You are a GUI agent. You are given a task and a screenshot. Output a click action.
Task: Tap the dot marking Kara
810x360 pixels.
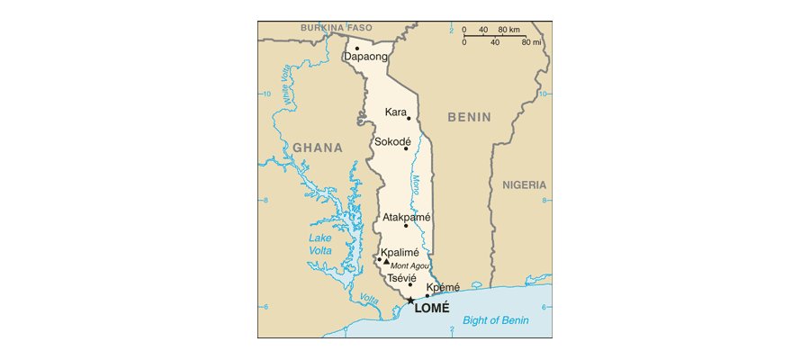pos(409,118)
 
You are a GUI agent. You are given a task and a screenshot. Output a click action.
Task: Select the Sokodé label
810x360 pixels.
pos(392,141)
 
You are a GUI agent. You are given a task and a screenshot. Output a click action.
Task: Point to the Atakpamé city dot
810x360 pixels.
pos(406,225)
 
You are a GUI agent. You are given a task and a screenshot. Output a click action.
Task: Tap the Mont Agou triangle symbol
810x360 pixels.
pos(386,262)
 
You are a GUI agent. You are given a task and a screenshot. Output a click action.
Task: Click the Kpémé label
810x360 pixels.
pos(443,287)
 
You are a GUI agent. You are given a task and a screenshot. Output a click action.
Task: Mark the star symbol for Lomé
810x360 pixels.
pos(410,301)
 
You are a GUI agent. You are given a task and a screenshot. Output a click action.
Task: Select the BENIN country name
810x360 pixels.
pos(470,117)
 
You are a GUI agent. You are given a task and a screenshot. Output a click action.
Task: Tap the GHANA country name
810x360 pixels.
pos(317,148)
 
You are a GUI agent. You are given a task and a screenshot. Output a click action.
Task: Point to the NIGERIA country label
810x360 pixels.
pos(524,184)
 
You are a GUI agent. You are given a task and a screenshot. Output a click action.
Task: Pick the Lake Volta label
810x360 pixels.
pos(319,244)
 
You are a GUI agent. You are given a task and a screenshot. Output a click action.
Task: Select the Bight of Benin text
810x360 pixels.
pos(495,320)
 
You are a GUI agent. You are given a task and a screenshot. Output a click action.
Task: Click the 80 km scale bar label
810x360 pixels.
pos(508,30)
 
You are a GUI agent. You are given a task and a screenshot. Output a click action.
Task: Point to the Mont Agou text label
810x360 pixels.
pos(410,265)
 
